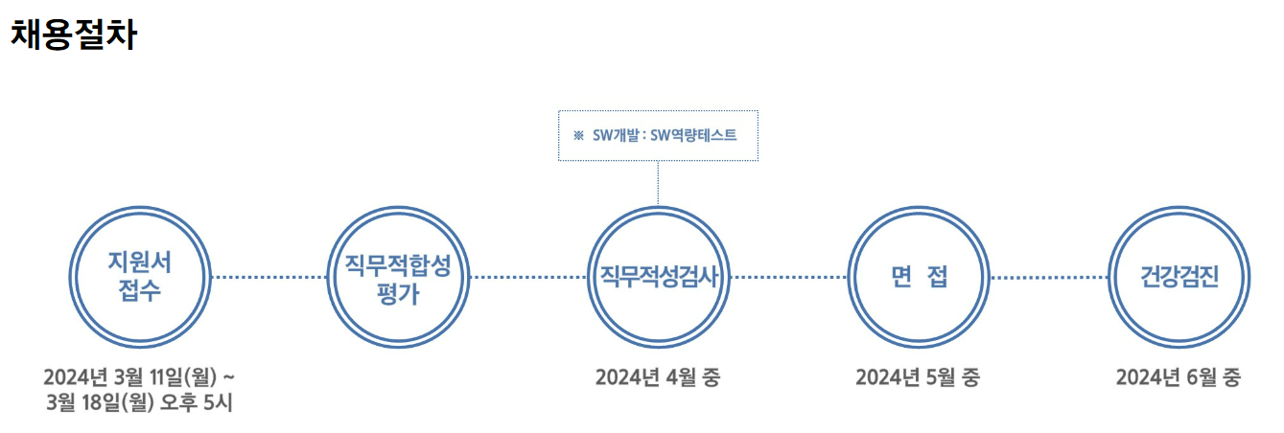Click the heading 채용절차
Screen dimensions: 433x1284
tap(74, 35)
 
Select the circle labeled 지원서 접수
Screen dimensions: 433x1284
tap(140, 276)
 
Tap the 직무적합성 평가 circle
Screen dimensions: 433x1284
tap(399, 276)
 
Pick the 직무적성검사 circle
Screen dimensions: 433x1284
tap(658, 276)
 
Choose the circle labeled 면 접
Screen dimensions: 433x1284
tap(918, 276)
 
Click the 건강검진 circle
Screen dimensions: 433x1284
tap(1179, 276)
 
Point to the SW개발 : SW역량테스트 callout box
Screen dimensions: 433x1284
tap(658, 135)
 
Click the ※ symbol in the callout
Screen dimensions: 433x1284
tap(578, 135)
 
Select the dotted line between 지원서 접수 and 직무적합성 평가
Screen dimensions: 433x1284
tap(269, 277)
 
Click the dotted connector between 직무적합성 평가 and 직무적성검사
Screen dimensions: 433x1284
tap(528, 277)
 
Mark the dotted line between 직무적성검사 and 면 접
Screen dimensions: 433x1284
tap(788, 277)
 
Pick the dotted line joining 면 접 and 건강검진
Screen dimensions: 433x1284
tap(1048, 277)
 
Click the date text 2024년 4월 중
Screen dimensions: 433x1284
tap(658, 377)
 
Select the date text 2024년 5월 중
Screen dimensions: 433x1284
tap(918, 377)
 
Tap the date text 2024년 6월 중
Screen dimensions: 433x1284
tap(1179, 377)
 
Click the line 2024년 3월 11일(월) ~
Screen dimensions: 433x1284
tap(139, 376)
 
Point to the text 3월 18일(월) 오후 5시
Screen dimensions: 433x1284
tap(139, 402)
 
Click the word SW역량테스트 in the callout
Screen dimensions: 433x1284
tap(693, 135)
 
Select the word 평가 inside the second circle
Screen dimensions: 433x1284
tap(399, 293)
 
